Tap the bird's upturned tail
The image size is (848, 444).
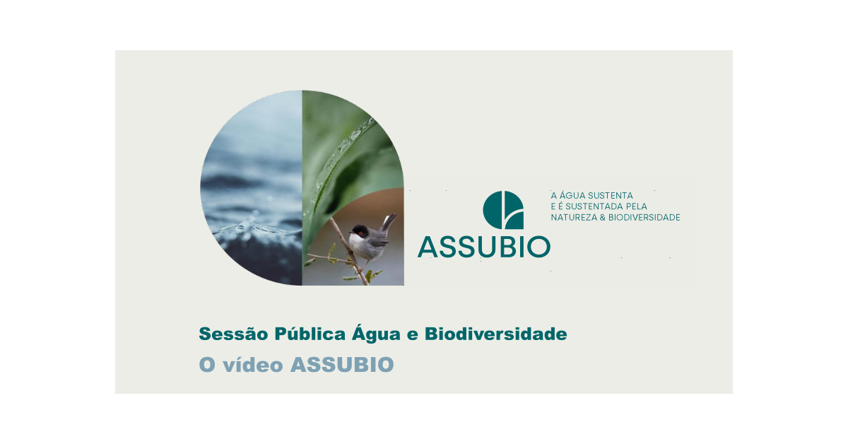[x=389, y=222]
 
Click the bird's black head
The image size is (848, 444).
[x=360, y=230]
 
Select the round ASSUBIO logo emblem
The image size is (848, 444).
[x=503, y=210]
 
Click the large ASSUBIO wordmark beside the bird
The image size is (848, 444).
[x=484, y=247]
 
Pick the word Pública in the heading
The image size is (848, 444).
[x=310, y=334]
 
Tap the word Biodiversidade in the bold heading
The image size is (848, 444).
[x=496, y=334]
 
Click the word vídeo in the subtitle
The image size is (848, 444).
[x=253, y=364]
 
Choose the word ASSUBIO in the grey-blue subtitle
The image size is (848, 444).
[x=342, y=364]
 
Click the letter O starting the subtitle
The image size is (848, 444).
[x=208, y=365]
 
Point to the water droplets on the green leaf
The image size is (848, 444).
[x=352, y=136]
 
